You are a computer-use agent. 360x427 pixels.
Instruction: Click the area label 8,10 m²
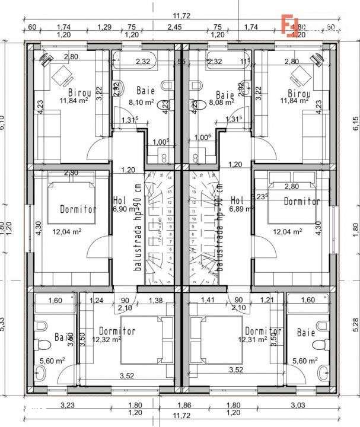coord(141,102)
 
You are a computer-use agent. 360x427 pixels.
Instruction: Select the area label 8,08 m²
coord(221,102)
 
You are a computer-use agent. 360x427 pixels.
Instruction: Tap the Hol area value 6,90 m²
coord(123,209)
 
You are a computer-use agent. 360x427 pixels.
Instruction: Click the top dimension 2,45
coord(174,27)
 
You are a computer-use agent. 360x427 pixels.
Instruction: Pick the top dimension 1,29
coord(104,27)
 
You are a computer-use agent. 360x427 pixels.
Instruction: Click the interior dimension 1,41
coord(208,301)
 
